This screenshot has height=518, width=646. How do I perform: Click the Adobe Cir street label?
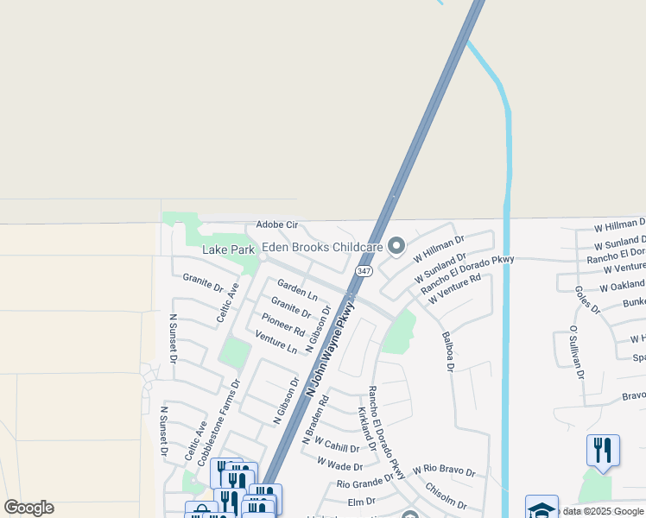(276, 224)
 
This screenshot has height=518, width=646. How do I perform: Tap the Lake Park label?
(228, 250)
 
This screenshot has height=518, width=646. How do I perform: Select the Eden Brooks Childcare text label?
(322, 247)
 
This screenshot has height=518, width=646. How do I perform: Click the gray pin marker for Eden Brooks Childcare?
(396, 247)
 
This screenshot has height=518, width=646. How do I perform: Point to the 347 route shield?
(363, 271)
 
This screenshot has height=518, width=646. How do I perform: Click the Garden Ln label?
(297, 289)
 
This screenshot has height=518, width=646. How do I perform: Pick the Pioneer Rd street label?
(283, 325)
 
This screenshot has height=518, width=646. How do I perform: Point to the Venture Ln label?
(276, 343)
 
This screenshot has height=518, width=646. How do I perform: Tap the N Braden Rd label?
(315, 420)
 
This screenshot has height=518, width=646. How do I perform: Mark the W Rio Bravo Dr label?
(444, 471)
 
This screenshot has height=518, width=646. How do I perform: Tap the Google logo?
(28, 508)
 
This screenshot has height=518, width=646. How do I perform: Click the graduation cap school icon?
(541, 508)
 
